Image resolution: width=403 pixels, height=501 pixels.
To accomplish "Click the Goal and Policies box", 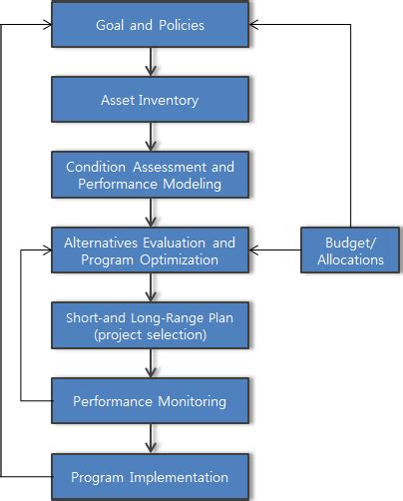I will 149,25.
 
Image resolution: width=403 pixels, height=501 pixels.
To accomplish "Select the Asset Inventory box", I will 149,100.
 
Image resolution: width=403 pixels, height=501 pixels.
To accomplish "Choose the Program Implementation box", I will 149,476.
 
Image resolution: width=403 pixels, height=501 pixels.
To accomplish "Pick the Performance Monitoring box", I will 149,401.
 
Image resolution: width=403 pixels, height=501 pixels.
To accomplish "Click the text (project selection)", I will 149,334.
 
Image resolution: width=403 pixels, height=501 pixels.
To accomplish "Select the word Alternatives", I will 105,243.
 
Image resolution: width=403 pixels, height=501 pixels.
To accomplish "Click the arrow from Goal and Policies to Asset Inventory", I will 150,63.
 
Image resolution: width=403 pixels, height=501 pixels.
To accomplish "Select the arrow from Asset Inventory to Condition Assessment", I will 150,138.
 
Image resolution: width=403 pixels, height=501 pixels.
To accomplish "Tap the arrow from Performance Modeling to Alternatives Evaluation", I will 150,213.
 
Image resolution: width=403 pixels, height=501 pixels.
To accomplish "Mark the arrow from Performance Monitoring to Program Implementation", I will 150,438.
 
